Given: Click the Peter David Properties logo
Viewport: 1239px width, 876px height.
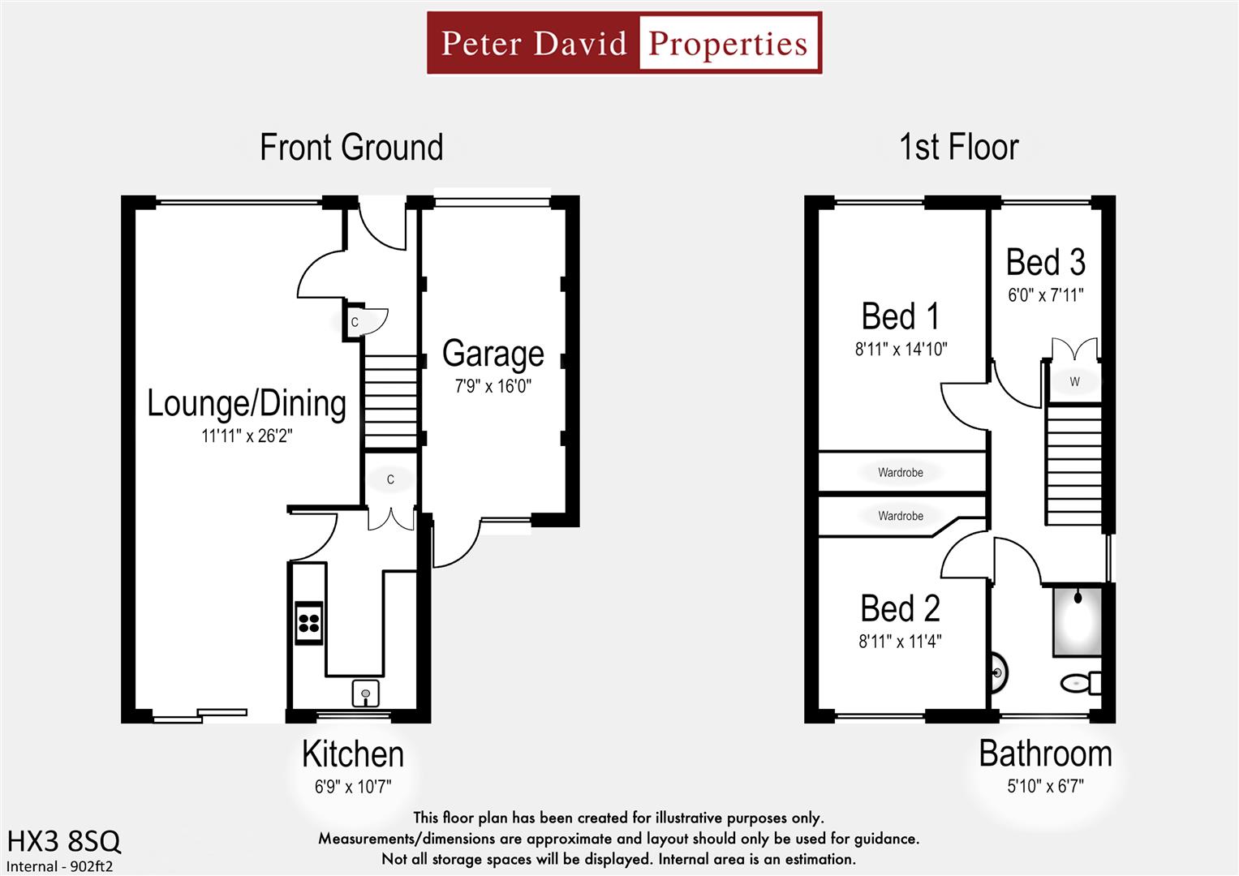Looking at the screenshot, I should pyautogui.click(x=624, y=43).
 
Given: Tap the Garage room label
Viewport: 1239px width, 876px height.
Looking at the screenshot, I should pyautogui.click(x=493, y=354).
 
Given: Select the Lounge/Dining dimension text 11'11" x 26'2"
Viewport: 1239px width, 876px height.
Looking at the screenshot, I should pyautogui.click(x=247, y=436).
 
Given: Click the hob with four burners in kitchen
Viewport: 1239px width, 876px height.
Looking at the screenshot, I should pyautogui.click(x=308, y=623).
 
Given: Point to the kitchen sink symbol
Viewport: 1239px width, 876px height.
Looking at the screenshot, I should pyautogui.click(x=365, y=693).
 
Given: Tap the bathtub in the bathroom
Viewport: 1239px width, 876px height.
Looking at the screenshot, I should pyautogui.click(x=1077, y=620).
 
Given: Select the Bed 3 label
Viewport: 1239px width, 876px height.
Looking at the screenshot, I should pyautogui.click(x=1045, y=263).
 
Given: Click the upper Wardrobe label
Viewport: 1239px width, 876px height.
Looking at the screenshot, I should pyautogui.click(x=900, y=472).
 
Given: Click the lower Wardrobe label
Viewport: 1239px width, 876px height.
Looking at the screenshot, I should pyautogui.click(x=900, y=516).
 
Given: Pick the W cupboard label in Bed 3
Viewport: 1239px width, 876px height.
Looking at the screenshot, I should pyautogui.click(x=1074, y=381).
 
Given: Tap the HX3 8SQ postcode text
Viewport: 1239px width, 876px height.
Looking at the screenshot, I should pyautogui.click(x=64, y=841).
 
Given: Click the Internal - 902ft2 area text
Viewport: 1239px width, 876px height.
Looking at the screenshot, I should pyautogui.click(x=60, y=865).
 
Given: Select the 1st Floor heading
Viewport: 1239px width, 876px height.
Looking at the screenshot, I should pyautogui.click(x=958, y=148).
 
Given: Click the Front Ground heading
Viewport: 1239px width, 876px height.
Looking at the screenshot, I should pyautogui.click(x=351, y=148).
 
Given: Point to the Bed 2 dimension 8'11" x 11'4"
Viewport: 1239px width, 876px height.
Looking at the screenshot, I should pyautogui.click(x=900, y=642).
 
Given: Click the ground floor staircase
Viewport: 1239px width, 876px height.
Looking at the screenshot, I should pyautogui.click(x=391, y=401).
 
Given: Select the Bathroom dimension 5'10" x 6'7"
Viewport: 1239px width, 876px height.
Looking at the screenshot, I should pyautogui.click(x=1045, y=786).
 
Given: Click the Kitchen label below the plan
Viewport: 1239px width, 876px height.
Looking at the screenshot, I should pyautogui.click(x=352, y=754).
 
